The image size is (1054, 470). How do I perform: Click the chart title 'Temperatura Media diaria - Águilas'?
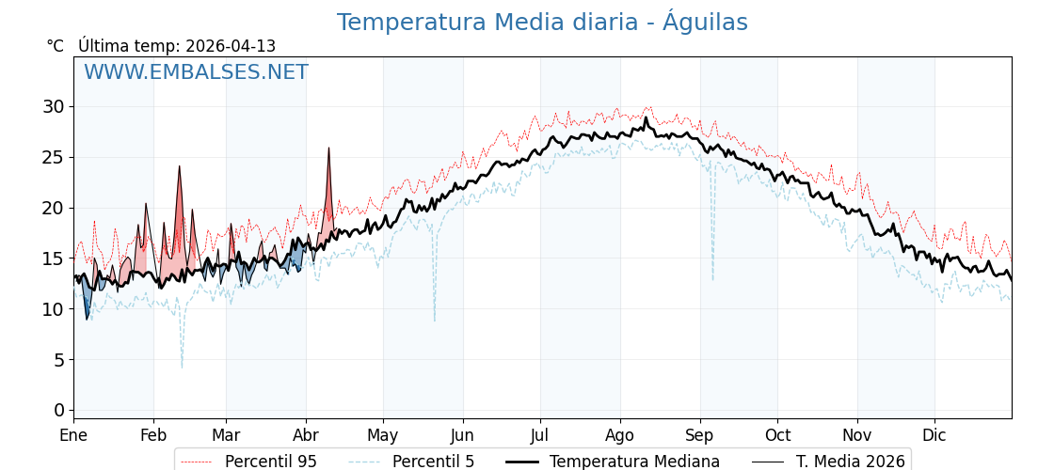tap(542, 23)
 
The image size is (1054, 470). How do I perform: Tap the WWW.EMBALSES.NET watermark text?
tap(196, 72)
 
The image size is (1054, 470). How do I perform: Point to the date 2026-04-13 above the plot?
tap(231, 46)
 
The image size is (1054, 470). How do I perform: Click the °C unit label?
tap(55, 46)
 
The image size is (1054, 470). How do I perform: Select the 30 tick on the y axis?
tap(53, 106)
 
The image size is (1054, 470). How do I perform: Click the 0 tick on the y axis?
tap(59, 410)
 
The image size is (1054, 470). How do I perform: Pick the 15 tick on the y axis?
tap(53, 258)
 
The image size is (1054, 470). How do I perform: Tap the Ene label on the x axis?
tap(73, 435)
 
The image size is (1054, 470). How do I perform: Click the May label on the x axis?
tap(383, 435)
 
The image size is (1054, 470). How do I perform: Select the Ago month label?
tap(619, 435)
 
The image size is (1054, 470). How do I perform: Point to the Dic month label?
tap(934, 435)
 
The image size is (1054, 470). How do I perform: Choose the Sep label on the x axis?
tap(699, 435)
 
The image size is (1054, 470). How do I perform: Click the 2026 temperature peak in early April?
tap(328, 148)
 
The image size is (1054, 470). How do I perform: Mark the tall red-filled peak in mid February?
tap(179, 166)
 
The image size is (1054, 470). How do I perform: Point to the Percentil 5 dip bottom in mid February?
tap(182, 367)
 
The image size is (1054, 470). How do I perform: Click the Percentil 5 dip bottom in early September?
tap(712, 279)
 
